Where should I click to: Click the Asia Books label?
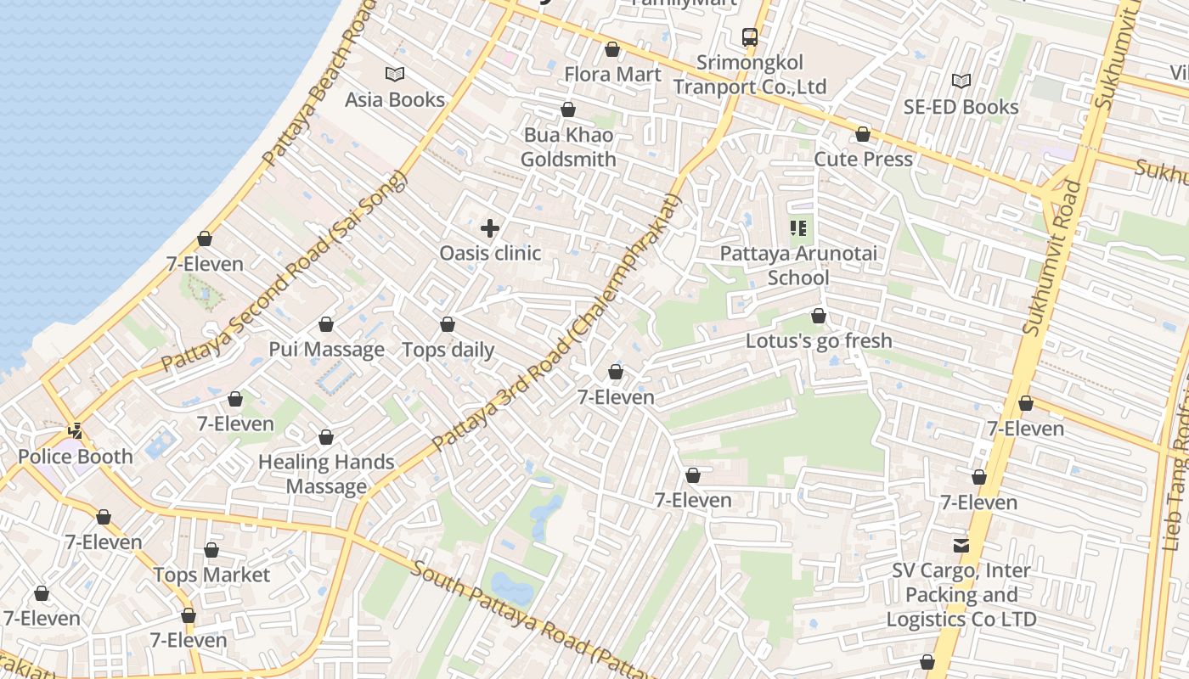click(395, 100)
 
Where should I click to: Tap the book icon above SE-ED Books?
click(961, 81)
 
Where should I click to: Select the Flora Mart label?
click(612, 75)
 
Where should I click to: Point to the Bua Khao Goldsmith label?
click(568, 147)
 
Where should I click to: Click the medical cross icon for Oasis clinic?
click(490, 228)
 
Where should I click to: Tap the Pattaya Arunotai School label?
click(798, 266)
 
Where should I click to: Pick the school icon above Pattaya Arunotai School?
click(798, 227)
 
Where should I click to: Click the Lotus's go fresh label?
click(819, 341)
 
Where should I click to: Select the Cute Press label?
click(863, 160)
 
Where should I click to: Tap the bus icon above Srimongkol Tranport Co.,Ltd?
click(749, 36)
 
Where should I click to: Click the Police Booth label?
click(76, 457)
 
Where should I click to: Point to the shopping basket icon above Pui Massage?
click(326, 324)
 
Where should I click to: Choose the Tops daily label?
click(448, 350)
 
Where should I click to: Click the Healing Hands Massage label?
click(326, 474)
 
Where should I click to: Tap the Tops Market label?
click(211, 575)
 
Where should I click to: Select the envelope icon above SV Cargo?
click(961, 545)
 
